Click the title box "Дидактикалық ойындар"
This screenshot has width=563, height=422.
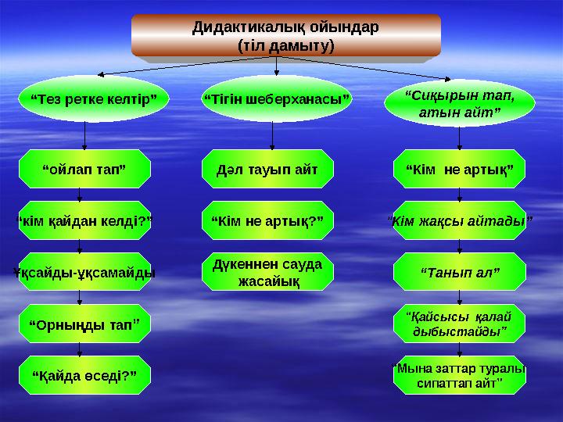(x=285, y=36)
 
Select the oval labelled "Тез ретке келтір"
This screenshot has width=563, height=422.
(x=93, y=100)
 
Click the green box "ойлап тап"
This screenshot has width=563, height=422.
(x=84, y=168)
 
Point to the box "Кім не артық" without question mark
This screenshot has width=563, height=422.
(x=459, y=168)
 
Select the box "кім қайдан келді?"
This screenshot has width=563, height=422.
(x=84, y=221)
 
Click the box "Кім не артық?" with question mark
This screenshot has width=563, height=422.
(x=267, y=221)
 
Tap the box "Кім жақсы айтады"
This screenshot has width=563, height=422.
(x=459, y=221)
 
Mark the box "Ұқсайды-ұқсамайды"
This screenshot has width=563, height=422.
(x=84, y=273)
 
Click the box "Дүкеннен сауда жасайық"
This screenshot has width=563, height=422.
(x=267, y=271)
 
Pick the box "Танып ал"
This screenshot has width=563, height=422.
(x=459, y=272)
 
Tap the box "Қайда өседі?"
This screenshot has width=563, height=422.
(x=84, y=376)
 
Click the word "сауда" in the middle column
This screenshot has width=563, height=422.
(x=298, y=264)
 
